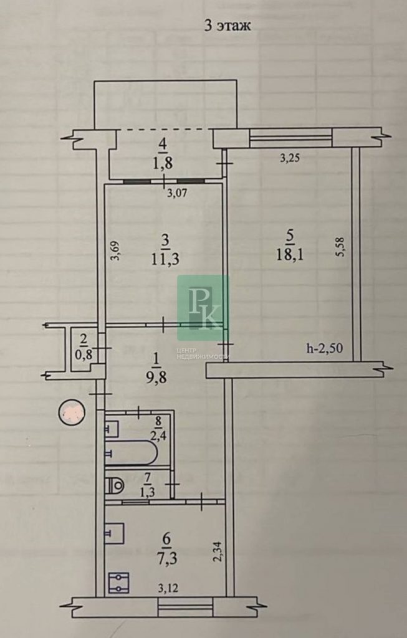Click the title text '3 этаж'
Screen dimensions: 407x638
click(x=227, y=26)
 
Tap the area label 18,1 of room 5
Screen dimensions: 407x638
click(x=290, y=255)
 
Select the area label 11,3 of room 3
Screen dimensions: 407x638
click(x=166, y=259)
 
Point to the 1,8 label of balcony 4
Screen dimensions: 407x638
click(x=163, y=163)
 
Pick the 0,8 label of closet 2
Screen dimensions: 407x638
click(x=84, y=355)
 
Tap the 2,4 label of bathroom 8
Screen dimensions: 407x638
click(x=158, y=437)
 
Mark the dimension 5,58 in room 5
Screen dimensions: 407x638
click(x=341, y=247)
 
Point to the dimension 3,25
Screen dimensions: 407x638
click(x=290, y=158)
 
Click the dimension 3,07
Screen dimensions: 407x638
click(x=178, y=193)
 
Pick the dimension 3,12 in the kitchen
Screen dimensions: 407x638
click(x=168, y=588)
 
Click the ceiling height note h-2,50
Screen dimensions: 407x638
click(x=325, y=348)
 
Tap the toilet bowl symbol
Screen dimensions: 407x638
click(x=114, y=485)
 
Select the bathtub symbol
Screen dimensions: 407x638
click(x=131, y=452)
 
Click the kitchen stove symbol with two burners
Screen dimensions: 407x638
click(x=119, y=583)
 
